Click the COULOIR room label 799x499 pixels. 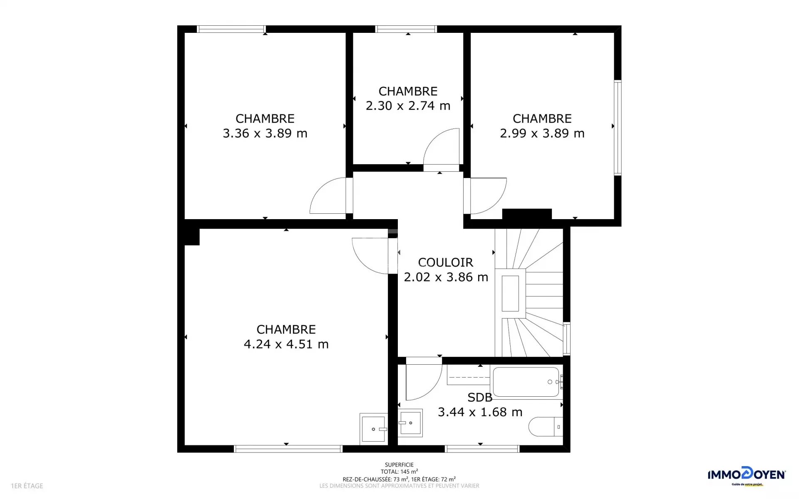pyautogui.click(x=446, y=262)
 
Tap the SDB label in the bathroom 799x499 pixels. pyautogui.click(x=480, y=398)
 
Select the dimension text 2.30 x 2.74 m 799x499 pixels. pyautogui.click(x=408, y=106)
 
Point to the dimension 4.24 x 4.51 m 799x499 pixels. pyautogui.click(x=286, y=344)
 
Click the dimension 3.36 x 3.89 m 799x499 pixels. pyautogui.click(x=265, y=133)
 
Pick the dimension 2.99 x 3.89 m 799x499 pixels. pyautogui.click(x=542, y=133)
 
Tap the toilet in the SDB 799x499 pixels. pyautogui.click(x=546, y=427)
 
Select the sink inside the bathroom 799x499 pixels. pyautogui.click(x=410, y=423)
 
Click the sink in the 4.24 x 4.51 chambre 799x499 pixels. pyautogui.click(x=373, y=429)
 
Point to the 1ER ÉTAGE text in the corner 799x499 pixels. pyautogui.click(x=27, y=486)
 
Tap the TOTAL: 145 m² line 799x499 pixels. pyautogui.click(x=399, y=472)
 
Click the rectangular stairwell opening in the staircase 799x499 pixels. pyautogui.click(x=510, y=294)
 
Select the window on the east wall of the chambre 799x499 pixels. pyautogui.click(x=618, y=128)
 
